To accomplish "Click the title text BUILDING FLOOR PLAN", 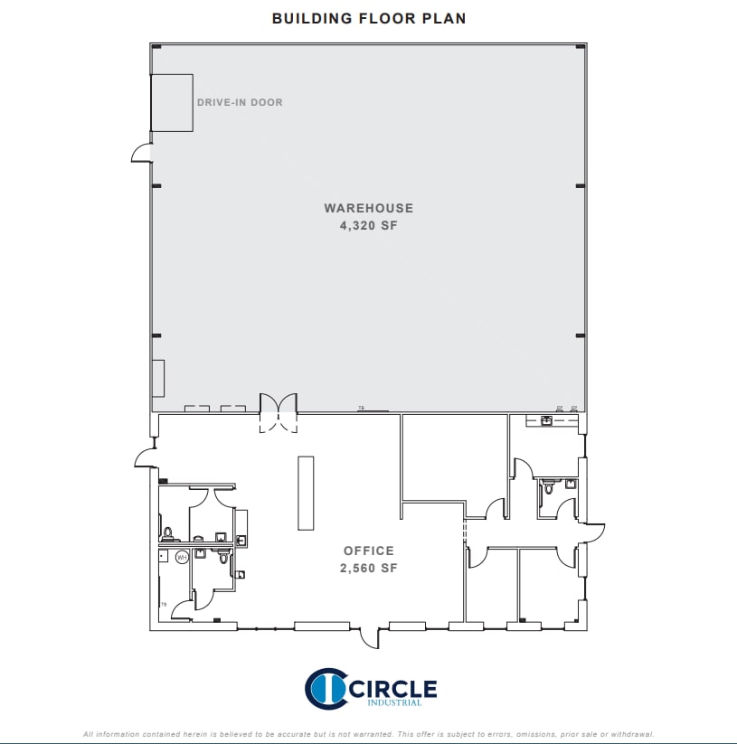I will (x=369, y=18).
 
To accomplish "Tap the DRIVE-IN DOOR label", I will (x=240, y=102).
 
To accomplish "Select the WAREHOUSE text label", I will (x=368, y=208).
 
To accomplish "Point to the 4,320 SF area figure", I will (x=368, y=226).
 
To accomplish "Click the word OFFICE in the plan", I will (x=368, y=551).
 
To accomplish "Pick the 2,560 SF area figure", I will (x=368, y=569).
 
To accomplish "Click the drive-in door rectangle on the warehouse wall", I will (x=172, y=102).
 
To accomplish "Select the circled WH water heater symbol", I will (x=182, y=558).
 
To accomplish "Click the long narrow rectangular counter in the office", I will (x=306, y=494).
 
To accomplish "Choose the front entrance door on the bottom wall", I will (x=371, y=637).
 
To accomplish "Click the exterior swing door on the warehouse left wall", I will (x=142, y=153).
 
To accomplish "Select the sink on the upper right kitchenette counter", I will (x=546, y=420).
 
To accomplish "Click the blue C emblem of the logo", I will (x=325, y=689).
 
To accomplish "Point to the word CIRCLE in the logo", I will (x=392, y=689).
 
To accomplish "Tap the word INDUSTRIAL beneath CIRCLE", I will (x=392, y=704).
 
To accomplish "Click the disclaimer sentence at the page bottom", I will (x=368, y=734).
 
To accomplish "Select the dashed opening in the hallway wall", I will (x=466, y=531).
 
